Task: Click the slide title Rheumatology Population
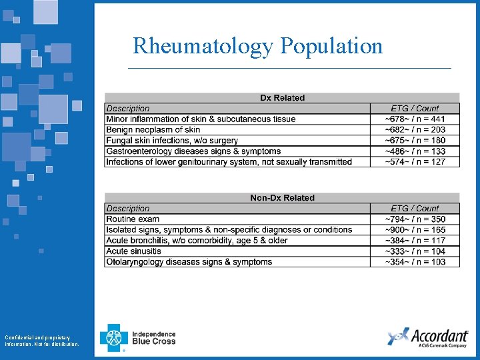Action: click(x=258, y=46)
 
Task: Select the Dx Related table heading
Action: click(x=282, y=98)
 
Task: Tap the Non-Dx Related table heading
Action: click(x=282, y=198)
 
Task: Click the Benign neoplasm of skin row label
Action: click(x=153, y=130)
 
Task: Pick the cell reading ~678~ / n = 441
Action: click(x=415, y=119)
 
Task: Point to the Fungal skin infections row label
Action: click(x=172, y=141)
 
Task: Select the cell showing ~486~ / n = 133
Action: click(x=415, y=151)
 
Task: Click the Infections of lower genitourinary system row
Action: click(x=229, y=162)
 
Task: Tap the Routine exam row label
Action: click(x=133, y=219)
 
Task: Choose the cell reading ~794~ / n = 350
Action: click(x=415, y=219)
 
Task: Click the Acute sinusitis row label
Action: click(x=133, y=251)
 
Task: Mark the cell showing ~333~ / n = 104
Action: click(x=415, y=251)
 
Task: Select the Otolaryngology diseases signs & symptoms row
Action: click(x=189, y=262)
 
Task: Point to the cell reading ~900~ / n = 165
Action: click(x=415, y=230)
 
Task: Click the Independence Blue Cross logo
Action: click(x=138, y=338)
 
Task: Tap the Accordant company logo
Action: click(x=427, y=337)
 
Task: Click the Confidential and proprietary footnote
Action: click(x=41, y=341)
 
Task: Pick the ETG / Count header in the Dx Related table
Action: click(x=415, y=109)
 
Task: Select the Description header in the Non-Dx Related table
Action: click(x=128, y=209)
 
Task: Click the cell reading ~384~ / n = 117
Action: click(x=415, y=241)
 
